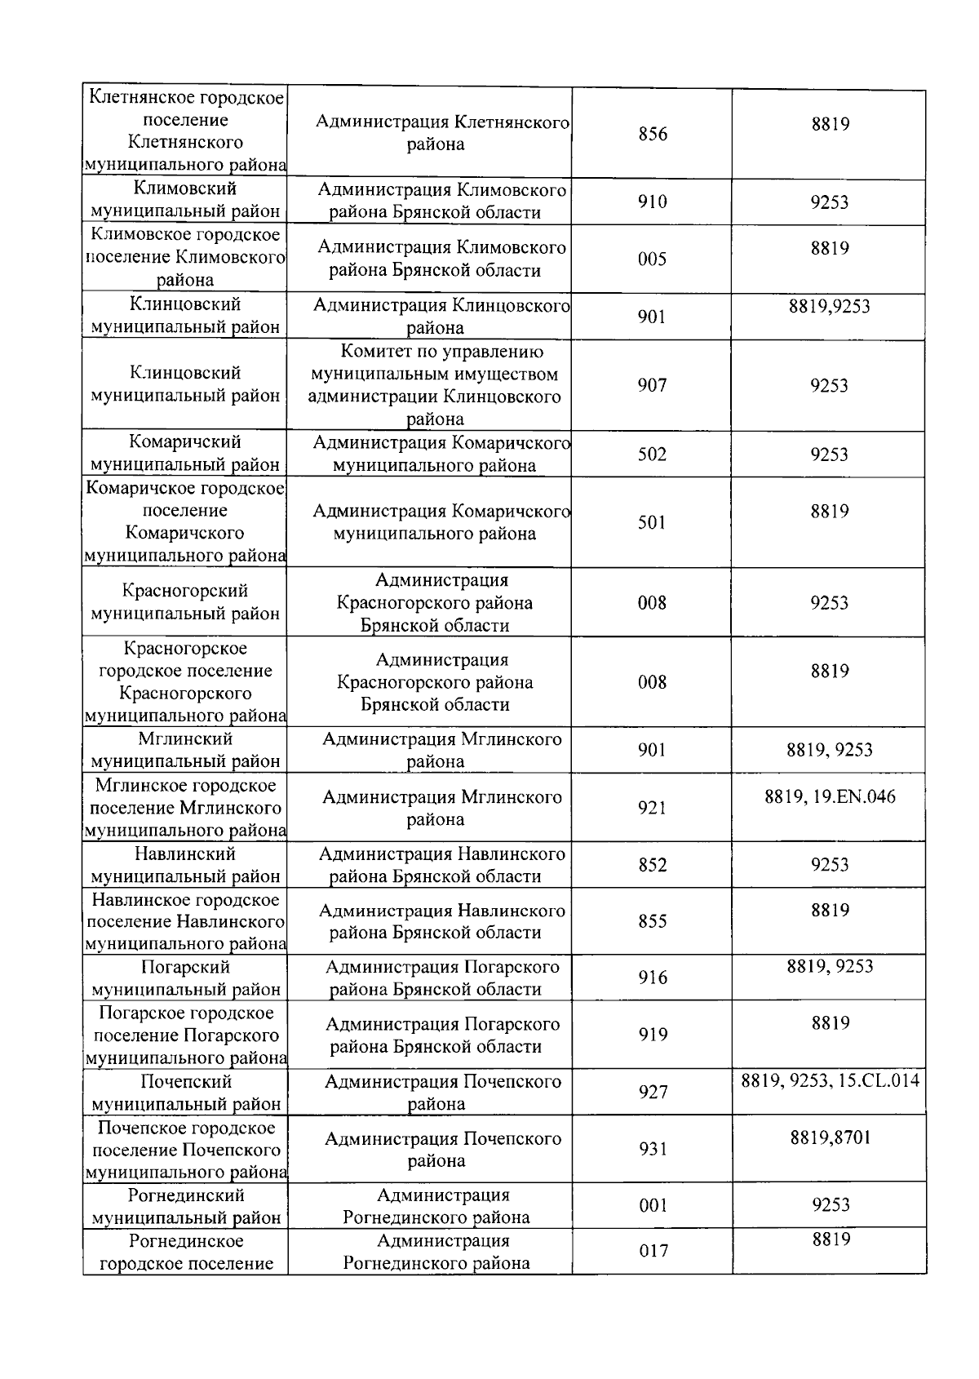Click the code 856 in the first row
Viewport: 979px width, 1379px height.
pos(652,134)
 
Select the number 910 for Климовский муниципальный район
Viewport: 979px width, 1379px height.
pos(652,202)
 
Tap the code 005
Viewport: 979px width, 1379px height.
pos(652,259)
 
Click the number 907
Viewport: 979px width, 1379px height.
pos(652,385)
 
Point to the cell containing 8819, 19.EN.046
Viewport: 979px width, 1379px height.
pos(830,796)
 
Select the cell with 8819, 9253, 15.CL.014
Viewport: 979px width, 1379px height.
pos(830,1081)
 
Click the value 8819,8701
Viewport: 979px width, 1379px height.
pos(830,1137)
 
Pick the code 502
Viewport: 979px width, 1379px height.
pos(652,454)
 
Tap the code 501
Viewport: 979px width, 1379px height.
pos(652,522)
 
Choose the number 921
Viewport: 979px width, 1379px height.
pos(652,808)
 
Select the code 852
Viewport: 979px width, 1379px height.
pos(652,865)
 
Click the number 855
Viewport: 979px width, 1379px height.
pos(652,921)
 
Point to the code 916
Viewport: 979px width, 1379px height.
pos(653,978)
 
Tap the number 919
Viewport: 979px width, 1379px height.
pos(653,1035)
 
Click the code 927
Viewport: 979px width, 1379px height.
pos(653,1092)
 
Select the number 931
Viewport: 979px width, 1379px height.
pos(653,1149)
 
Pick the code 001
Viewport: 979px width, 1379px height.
pos(653,1205)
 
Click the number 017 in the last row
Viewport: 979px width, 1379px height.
pos(653,1251)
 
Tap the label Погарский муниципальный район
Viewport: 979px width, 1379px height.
pos(185,978)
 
